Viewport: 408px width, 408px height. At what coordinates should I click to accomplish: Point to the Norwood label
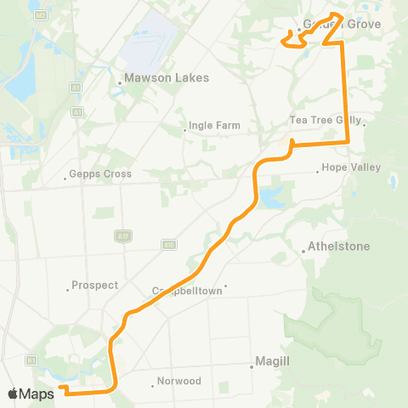pos(179,382)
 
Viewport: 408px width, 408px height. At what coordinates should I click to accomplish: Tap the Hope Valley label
pos(351,167)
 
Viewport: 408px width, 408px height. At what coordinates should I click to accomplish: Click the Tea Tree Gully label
pos(326,121)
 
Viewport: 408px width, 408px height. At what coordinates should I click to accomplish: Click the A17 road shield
pos(121,235)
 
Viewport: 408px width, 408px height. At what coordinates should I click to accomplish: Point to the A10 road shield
pos(169,245)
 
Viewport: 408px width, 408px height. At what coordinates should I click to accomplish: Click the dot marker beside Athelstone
pos(303,251)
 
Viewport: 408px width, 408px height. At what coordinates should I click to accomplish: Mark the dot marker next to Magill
pos(252,366)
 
